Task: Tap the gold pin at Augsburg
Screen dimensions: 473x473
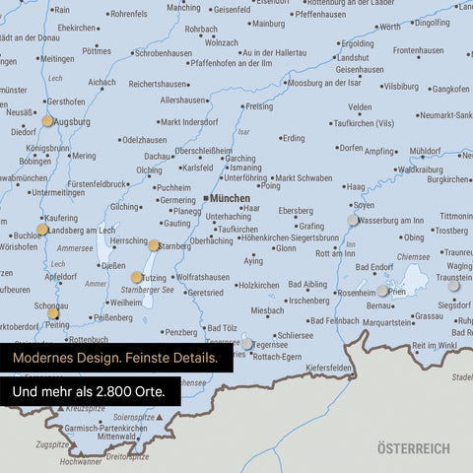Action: click(47, 121)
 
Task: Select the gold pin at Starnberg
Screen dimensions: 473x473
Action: click(154, 245)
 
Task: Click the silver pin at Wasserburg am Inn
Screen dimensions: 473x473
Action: click(353, 220)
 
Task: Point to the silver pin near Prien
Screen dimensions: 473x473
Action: click(382, 291)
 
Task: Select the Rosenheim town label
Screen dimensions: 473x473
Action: click(356, 293)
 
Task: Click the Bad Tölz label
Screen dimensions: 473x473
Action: click(220, 328)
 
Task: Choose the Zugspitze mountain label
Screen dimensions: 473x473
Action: click(52, 444)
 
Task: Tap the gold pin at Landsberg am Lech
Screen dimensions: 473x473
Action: click(41, 230)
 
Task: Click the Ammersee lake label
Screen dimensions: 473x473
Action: click(75, 248)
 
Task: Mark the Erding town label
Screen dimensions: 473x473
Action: click(294, 138)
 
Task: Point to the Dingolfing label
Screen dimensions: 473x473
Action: click(438, 22)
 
